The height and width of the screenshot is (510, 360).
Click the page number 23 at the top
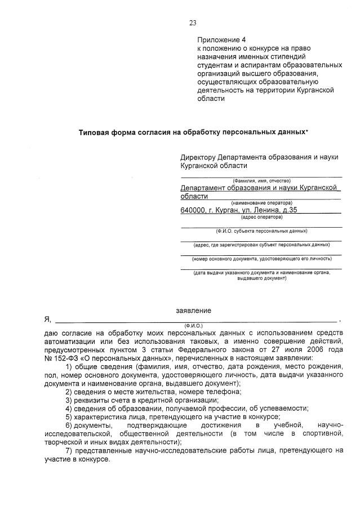pyautogui.click(x=192, y=23)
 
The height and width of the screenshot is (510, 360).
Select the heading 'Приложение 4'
pyautogui.click(x=221, y=40)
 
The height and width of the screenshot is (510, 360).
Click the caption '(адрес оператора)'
pyautogui.click(x=261, y=217)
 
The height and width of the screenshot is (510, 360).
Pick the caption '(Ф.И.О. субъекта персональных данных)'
pyautogui.click(x=261, y=231)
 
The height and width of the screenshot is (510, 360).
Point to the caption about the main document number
pyautogui.click(x=261, y=259)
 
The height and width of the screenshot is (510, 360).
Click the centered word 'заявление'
pyautogui.click(x=193, y=311)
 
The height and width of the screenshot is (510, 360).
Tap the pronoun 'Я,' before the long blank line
pyautogui.click(x=47, y=320)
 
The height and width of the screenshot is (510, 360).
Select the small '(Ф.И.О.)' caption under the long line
pyautogui.click(x=193, y=326)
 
